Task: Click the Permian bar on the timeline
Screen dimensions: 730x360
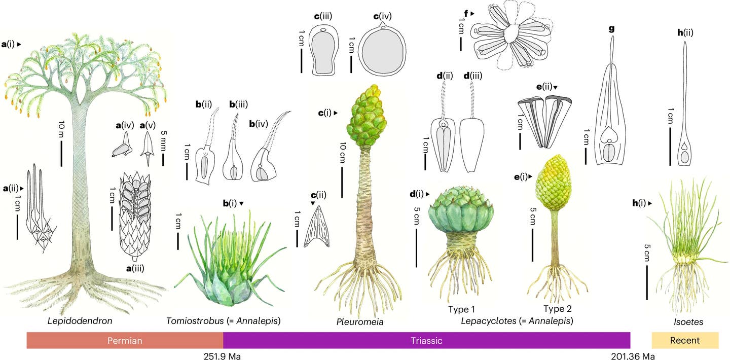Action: [x=125, y=340]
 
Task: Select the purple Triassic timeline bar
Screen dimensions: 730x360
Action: [x=427, y=340]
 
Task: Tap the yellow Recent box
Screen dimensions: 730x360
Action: [x=685, y=340]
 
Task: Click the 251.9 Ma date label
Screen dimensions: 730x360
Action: [x=222, y=356]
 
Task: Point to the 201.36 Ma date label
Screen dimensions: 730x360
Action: [x=633, y=356]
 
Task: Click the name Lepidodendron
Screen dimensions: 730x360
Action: [x=80, y=321]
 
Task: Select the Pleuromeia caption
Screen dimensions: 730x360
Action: [x=360, y=322]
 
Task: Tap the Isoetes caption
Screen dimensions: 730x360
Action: [x=688, y=322]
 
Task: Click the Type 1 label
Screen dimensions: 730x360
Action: [x=461, y=309]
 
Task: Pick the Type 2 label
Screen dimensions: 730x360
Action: [x=558, y=308]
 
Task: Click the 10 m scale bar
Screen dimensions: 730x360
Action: [x=62, y=154]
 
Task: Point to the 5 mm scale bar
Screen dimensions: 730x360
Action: [x=163, y=160]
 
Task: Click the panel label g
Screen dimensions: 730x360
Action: [x=612, y=29]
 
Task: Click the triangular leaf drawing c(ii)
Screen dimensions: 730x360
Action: [x=317, y=227]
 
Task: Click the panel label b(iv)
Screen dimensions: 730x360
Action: [x=259, y=124]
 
